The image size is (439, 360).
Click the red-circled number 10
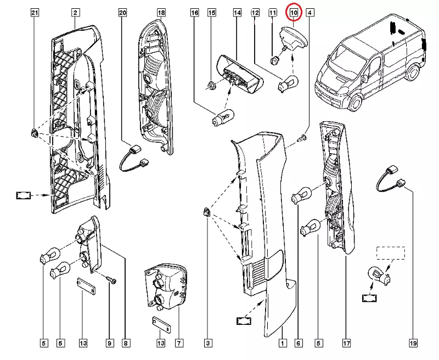pos(294,12)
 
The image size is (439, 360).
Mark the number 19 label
pos(413,344)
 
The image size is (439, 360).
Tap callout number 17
pos(347,344)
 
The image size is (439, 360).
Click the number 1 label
pos(282,344)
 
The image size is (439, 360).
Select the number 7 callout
pos(179,344)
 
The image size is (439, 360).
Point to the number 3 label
pos(207,344)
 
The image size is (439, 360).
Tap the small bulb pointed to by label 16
pos(224,117)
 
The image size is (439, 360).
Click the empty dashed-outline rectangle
pos(390,253)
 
